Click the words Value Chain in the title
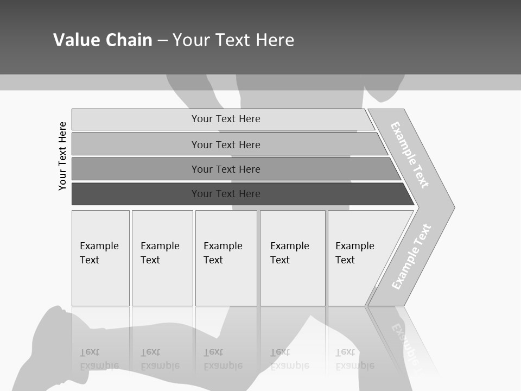tap(103, 40)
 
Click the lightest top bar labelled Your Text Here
tap(225, 119)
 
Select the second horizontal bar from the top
tap(225, 144)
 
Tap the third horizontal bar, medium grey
tap(225, 169)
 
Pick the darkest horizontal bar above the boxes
tap(225, 194)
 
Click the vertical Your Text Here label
tap(62, 156)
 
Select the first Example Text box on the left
tap(100, 258)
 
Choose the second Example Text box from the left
tap(162, 258)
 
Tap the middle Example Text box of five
tap(226, 258)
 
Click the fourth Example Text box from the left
tap(293, 258)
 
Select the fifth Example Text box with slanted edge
tap(358, 258)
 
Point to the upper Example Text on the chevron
tap(410, 155)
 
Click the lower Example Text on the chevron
tap(411, 256)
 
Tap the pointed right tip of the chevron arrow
tap(452, 207)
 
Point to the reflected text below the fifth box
tap(354, 359)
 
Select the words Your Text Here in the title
tap(233, 40)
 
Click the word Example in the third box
tap(223, 246)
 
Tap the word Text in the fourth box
tap(280, 260)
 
